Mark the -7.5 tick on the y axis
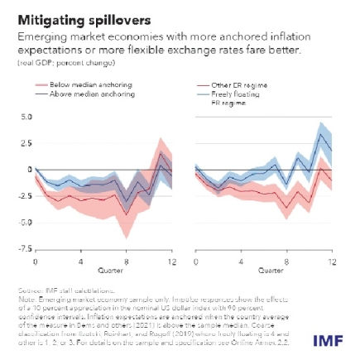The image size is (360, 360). pos(26,247)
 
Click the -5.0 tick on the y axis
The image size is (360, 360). pos(26,222)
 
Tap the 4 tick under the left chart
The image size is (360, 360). pos(80,261)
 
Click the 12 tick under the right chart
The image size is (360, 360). pos(331,261)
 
